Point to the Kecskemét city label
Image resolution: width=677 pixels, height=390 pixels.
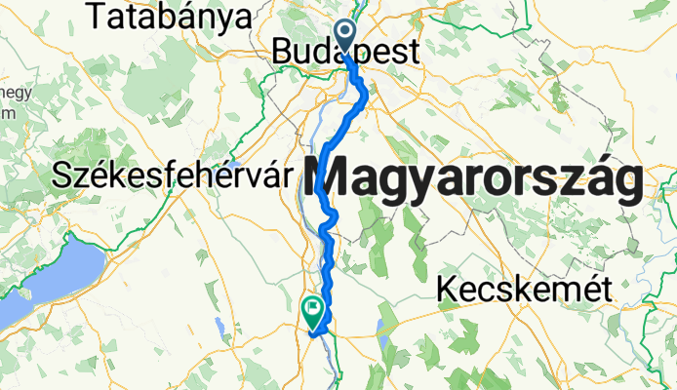coord(524,289)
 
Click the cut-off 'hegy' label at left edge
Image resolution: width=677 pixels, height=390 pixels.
coord(14,93)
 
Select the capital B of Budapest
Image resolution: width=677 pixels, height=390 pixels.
coord(283,53)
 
